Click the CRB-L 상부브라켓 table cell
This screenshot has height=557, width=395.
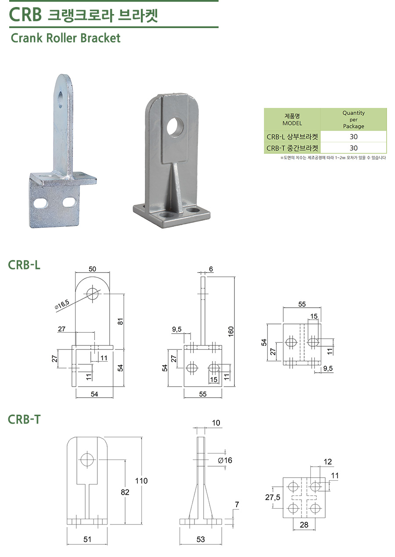click(x=292, y=137)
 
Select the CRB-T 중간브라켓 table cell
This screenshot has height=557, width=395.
click(x=292, y=148)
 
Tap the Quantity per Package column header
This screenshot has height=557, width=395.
click(x=353, y=119)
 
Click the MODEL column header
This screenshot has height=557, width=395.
click(x=292, y=119)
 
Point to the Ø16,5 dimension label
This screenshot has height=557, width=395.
click(x=61, y=304)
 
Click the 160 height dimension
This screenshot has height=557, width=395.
click(x=231, y=332)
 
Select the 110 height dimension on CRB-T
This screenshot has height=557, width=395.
click(x=141, y=481)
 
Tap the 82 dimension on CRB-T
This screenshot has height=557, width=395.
click(x=125, y=492)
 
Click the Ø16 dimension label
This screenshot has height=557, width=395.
click(x=225, y=460)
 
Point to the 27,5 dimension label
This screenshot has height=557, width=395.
click(x=273, y=497)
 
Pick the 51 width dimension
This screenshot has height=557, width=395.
click(x=87, y=539)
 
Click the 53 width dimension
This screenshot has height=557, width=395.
click(x=201, y=539)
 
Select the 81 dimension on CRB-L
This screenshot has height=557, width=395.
click(x=120, y=322)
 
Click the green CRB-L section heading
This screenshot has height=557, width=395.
click(x=24, y=265)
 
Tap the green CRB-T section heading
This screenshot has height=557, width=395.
click(x=24, y=420)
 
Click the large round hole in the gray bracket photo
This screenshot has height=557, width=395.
click(x=175, y=127)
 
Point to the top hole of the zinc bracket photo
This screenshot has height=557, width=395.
click(x=61, y=100)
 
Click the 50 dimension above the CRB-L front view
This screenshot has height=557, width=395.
click(x=92, y=269)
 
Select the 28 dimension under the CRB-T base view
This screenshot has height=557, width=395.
click(x=304, y=525)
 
